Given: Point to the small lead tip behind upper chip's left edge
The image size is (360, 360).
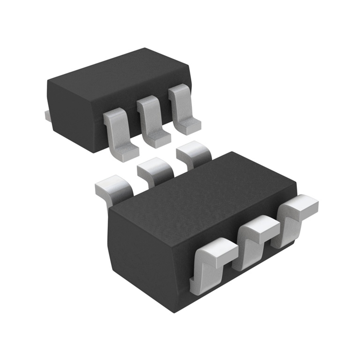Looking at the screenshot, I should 46,116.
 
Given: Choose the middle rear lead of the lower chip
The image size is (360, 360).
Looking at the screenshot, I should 155,171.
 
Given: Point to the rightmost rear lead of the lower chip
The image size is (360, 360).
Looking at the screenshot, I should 193,153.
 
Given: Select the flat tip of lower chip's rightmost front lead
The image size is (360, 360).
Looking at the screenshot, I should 302,205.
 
